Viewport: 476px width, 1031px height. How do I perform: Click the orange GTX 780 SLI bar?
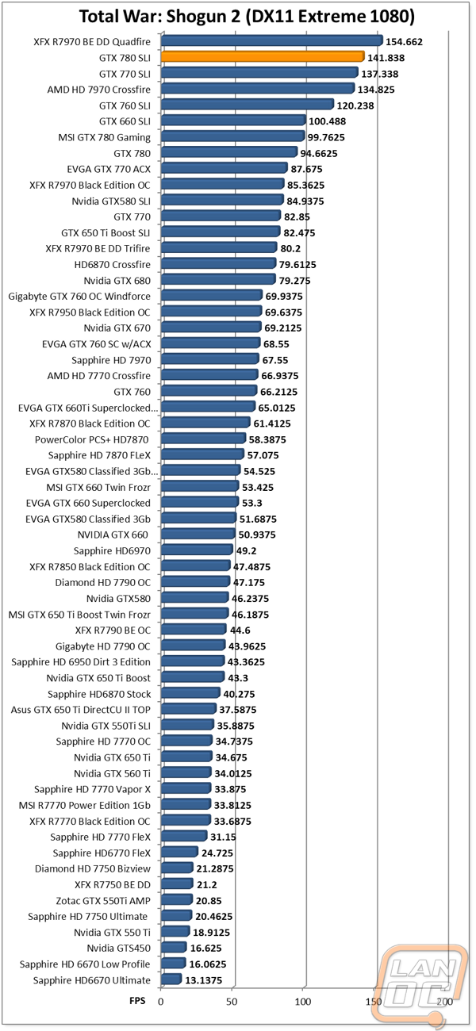(263, 56)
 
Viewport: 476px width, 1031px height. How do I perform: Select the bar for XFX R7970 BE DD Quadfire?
(272, 40)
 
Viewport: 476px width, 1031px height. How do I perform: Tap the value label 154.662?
(404, 42)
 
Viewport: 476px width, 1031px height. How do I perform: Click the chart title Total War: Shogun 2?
(160, 17)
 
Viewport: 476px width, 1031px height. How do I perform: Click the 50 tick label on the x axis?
(232, 1002)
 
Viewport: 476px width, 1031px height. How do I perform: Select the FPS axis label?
(137, 1001)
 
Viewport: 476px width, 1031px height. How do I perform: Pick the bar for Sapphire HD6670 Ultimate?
(171, 979)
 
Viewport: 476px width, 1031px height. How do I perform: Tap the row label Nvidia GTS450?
(118, 949)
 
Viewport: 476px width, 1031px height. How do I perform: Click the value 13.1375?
(203, 980)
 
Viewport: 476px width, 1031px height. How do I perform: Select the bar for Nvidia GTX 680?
(219, 279)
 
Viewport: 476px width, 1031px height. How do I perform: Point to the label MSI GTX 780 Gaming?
(104, 138)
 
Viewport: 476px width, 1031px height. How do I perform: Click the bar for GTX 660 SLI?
(234, 120)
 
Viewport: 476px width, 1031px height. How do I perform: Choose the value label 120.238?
(355, 105)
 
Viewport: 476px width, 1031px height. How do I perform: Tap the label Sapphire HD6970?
(112, 551)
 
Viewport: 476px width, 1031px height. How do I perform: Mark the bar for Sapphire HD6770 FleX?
(179, 852)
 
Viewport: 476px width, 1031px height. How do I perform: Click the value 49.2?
(246, 551)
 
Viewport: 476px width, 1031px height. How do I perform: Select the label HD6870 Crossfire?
(113, 265)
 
